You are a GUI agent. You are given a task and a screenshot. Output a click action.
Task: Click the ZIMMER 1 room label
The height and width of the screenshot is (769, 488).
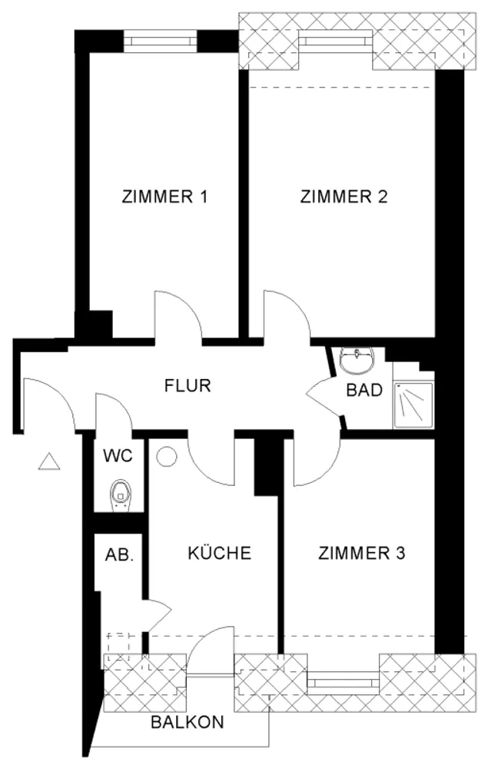[164, 197]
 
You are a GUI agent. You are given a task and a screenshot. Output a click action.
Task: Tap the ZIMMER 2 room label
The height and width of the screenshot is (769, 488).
[344, 197]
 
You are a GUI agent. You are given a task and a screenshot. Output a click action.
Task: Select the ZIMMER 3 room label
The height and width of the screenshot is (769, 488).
[362, 553]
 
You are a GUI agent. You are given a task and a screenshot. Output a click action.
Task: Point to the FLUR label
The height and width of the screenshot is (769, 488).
[188, 385]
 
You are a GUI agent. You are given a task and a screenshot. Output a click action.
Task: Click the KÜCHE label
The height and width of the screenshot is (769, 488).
[219, 553]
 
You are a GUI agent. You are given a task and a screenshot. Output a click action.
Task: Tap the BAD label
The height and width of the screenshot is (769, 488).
[364, 391]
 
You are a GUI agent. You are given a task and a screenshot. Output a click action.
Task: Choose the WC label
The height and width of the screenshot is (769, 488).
[118, 455]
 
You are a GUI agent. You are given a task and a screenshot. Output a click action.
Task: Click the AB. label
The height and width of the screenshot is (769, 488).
[119, 555]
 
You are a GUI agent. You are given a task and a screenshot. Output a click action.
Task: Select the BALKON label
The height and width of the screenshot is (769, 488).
[188, 722]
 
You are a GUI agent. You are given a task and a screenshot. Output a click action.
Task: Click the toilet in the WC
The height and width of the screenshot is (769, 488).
[119, 494]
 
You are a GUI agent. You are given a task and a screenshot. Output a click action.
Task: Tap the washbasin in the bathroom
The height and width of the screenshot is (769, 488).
[357, 359]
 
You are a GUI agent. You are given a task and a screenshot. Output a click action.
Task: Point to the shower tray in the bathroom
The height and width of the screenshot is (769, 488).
[413, 405]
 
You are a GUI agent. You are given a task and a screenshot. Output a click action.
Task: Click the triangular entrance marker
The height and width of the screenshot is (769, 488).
[49, 462]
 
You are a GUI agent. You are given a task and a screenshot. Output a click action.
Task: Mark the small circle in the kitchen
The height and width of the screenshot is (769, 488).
[166, 456]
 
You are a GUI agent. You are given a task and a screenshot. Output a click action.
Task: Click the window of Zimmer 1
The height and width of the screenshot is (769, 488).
[160, 41]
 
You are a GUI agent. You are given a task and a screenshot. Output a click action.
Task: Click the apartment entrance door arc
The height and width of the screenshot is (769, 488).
[60, 391]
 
